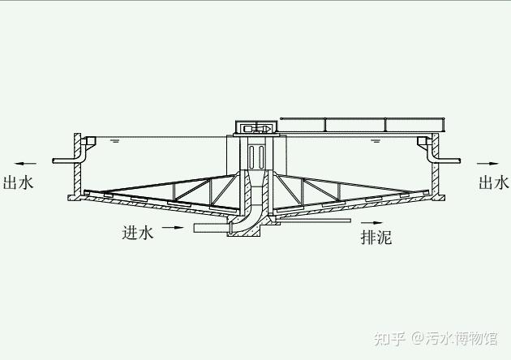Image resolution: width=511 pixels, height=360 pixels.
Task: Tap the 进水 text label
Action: (x=137, y=233)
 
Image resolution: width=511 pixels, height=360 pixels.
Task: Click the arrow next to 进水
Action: (x=173, y=229)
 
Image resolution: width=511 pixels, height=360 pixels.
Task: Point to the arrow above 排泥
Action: (x=371, y=221)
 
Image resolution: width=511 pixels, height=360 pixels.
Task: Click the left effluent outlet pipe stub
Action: (x=63, y=161)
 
